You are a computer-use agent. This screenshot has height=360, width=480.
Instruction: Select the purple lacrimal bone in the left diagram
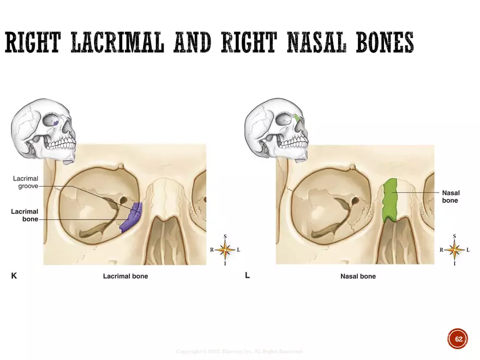[131, 217]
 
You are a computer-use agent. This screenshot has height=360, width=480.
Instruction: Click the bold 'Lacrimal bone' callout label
[25, 215]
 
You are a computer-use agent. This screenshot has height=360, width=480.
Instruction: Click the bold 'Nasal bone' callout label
[450, 196]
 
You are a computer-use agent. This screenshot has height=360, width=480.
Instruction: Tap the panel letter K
[14, 276]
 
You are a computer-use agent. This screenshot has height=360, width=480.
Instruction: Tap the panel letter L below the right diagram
[247, 275]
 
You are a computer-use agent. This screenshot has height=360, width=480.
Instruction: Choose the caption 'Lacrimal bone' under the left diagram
[125, 277]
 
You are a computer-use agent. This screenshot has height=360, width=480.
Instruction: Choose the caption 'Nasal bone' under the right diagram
[358, 277]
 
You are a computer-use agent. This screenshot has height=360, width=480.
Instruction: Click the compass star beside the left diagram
[225, 250]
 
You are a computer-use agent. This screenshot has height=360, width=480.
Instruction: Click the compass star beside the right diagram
[454, 250]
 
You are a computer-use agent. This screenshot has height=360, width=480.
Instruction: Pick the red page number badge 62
[458, 339]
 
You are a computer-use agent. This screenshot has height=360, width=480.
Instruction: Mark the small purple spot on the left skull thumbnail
[58, 122]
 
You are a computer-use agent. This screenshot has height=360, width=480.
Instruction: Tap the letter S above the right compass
[454, 236]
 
